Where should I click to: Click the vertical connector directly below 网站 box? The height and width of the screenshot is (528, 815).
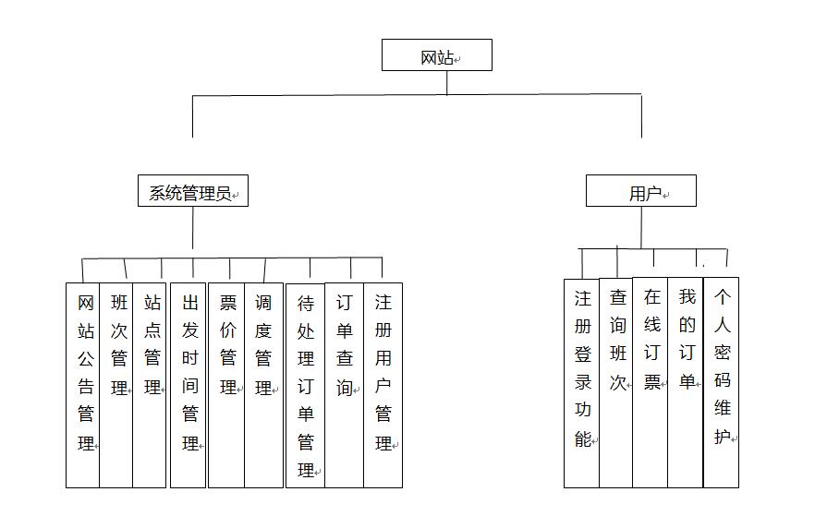(x=447, y=82)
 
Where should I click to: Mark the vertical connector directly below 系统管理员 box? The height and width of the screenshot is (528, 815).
(x=193, y=227)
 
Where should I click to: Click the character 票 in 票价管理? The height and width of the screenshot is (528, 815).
(x=227, y=303)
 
